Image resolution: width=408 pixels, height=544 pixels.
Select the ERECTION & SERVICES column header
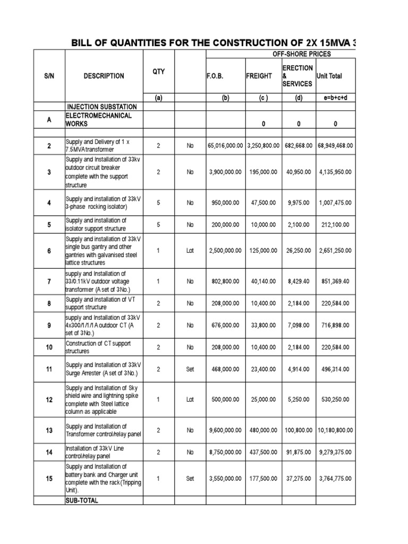click(297, 76)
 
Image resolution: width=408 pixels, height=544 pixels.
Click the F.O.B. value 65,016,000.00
click(225, 144)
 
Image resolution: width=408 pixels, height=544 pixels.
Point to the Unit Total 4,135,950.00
click(335, 172)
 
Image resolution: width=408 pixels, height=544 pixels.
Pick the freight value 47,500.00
click(262, 202)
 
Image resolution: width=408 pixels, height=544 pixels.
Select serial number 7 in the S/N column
click(49, 281)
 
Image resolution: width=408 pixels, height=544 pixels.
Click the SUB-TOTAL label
click(82, 500)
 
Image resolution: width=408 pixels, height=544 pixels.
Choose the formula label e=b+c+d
click(335, 98)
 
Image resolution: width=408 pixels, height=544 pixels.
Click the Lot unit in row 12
click(190, 399)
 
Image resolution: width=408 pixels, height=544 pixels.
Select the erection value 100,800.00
click(298, 430)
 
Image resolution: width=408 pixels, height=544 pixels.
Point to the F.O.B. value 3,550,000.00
click(225, 478)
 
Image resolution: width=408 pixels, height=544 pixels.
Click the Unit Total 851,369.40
click(335, 281)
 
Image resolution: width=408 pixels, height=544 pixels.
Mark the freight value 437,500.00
click(262, 453)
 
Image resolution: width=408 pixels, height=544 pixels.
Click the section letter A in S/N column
click(49, 120)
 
